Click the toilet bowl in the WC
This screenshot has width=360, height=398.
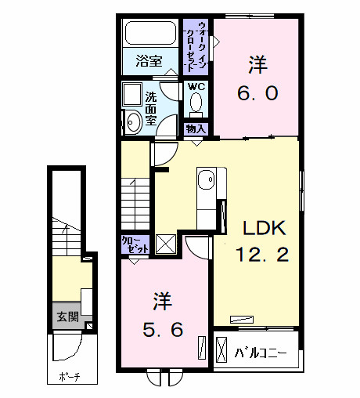[196, 103]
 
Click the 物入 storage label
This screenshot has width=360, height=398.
[195, 128]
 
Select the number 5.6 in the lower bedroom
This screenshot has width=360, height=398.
[163, 330]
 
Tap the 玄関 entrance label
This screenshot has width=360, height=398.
[67, 317]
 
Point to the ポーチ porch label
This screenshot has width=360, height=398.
[69, 378]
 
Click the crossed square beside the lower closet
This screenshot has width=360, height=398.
[166, 244]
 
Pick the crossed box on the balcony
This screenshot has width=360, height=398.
[222, 347]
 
